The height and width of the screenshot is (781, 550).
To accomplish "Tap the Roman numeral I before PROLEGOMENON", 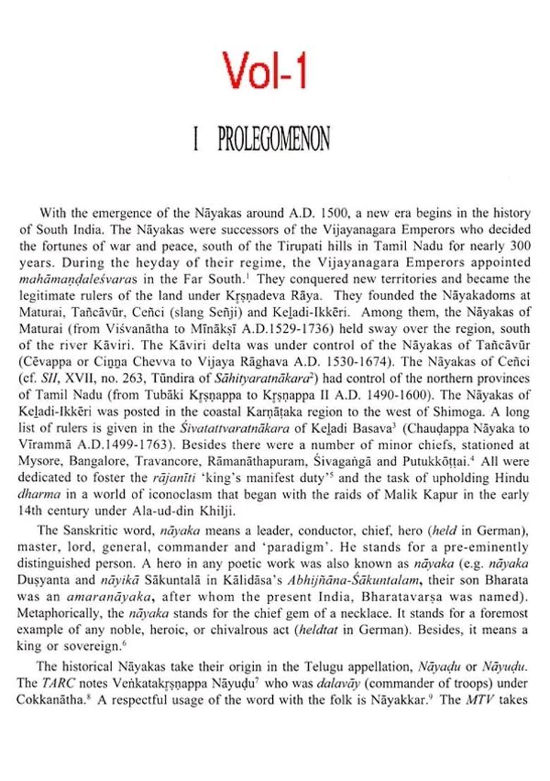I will point(195,140).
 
